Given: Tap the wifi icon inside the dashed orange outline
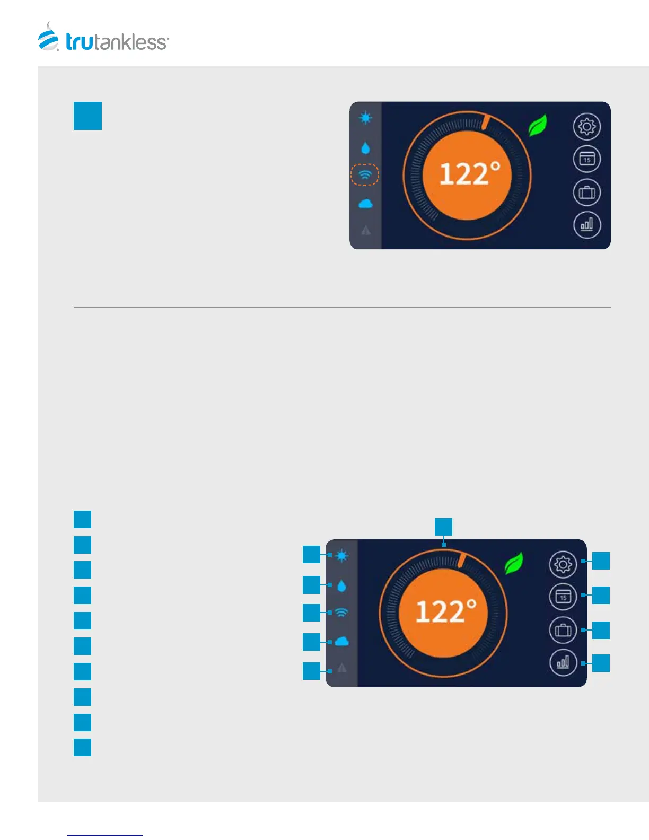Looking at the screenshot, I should click(365, 174).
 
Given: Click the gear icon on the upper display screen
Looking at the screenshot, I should click(586, 126).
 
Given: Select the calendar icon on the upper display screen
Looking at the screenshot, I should click(586, 159).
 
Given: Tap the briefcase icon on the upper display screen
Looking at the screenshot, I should click(586, 192).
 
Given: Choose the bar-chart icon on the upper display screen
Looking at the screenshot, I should click(586, 225).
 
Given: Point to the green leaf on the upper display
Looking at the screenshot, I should click(537, 126).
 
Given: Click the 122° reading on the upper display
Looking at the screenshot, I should click(469, 174).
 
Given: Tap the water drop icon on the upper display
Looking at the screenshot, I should click(365, 148).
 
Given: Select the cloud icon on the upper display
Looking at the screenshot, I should click(365, 204).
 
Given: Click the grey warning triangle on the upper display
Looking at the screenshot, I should click(365, 230).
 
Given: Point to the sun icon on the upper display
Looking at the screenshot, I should click(365, 118).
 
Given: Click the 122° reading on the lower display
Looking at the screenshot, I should click(445, 611).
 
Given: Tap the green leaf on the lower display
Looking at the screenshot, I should click(513, 563).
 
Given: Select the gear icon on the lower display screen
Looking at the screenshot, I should click(563, 564).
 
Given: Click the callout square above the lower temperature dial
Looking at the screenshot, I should click(443, 527).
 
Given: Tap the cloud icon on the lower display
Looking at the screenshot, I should click(341, 642).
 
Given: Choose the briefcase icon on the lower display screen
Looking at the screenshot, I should click(563, 630).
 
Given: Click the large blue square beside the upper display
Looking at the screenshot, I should click(87, 116).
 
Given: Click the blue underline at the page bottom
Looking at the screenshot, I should click(105, 835).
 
